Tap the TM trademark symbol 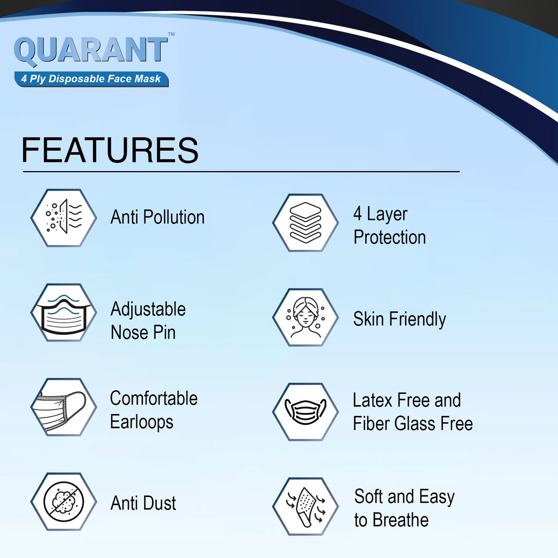171,34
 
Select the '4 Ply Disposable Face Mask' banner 92,79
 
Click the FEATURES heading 110,150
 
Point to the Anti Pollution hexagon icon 64,218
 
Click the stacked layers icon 305,222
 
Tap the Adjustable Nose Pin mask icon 64,312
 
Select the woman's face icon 305,317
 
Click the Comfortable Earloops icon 64,407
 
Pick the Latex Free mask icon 305,412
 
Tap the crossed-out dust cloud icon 64,502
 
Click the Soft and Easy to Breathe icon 305,507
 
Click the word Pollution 174,217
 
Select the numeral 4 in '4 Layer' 357,214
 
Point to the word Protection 390,237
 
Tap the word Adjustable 148,310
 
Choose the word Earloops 142,422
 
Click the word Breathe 400,520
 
